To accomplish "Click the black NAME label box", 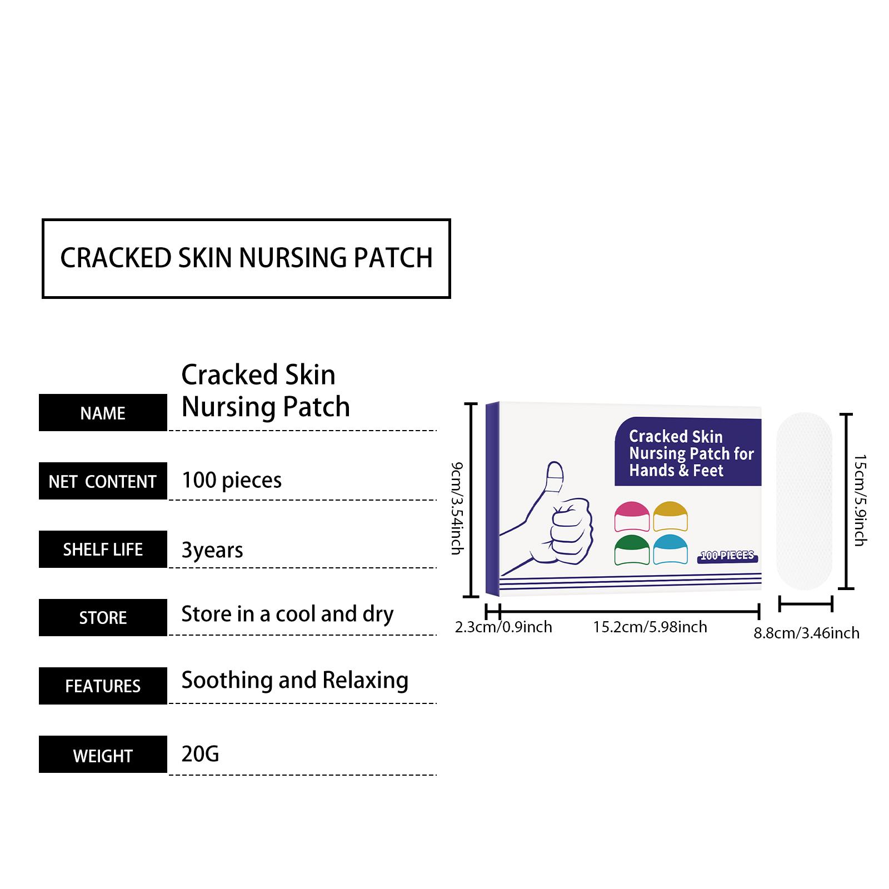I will coord(103,413).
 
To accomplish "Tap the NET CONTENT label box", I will coord(103,481).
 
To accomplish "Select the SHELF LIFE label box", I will coord(103,550).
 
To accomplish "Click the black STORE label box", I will coord(103,617).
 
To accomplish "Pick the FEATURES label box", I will coord(103,686).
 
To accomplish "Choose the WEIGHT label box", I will coord(103,755).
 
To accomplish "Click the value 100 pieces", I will coord(232,480).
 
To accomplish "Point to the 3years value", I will coord(212,550).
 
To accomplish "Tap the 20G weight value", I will coord(200,754).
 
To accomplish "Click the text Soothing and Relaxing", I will coord(294,680).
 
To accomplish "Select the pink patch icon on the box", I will coord(632,517).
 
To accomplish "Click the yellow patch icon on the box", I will coord(670,517).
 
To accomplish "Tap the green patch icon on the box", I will coord(632,550).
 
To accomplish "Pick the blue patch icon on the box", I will coord(670,550).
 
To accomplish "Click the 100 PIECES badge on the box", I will coord(727,556).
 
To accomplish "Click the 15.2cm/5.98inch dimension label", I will coord(650,627).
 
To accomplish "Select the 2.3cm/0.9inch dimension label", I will coord(503,627).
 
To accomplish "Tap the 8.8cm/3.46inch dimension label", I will coord(806,633).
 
